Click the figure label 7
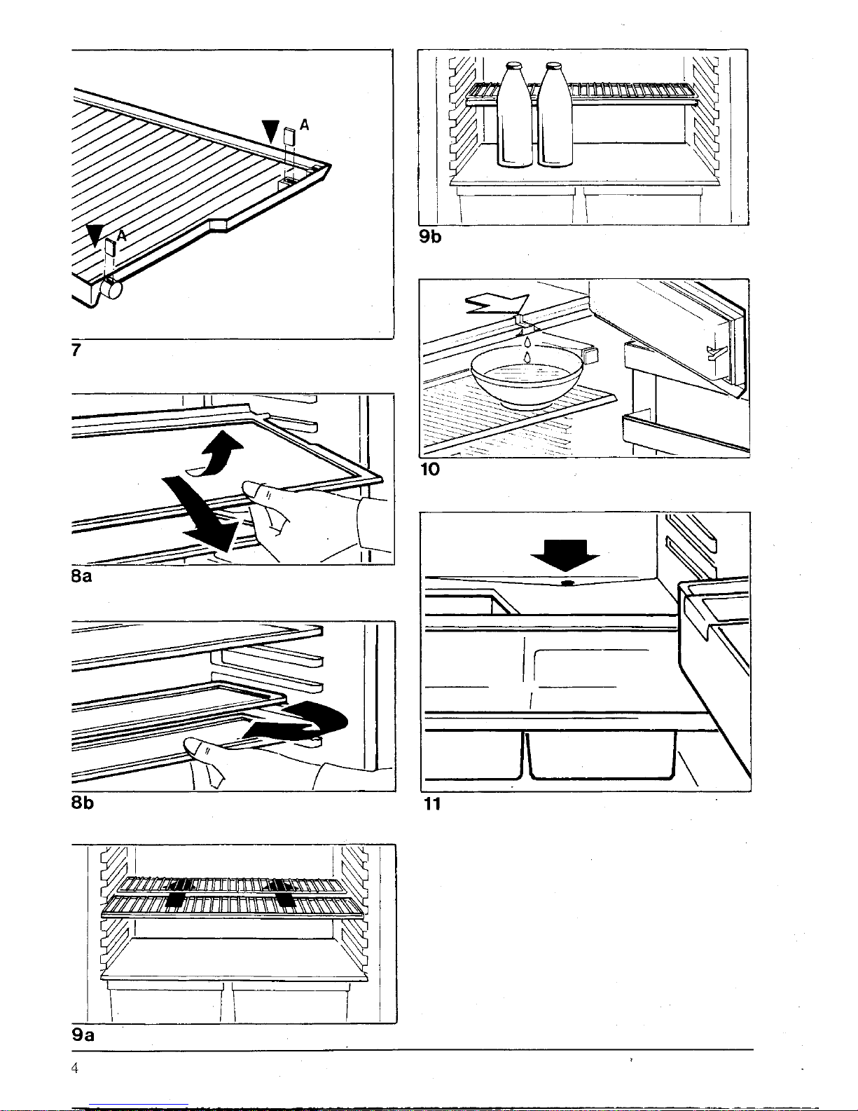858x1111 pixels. [76, 350]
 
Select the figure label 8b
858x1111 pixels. [82, 803]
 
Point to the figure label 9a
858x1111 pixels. [83, 1034]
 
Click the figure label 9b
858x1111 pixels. [430, 237]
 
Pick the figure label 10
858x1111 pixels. [429, 469]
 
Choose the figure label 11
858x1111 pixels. [432, 804]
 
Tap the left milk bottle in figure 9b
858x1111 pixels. [515, 116]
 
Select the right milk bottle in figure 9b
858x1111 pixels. [555, 116]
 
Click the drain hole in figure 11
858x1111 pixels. [566, 582]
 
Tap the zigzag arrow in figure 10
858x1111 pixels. [498, 304]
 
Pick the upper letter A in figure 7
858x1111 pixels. [304, 125]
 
